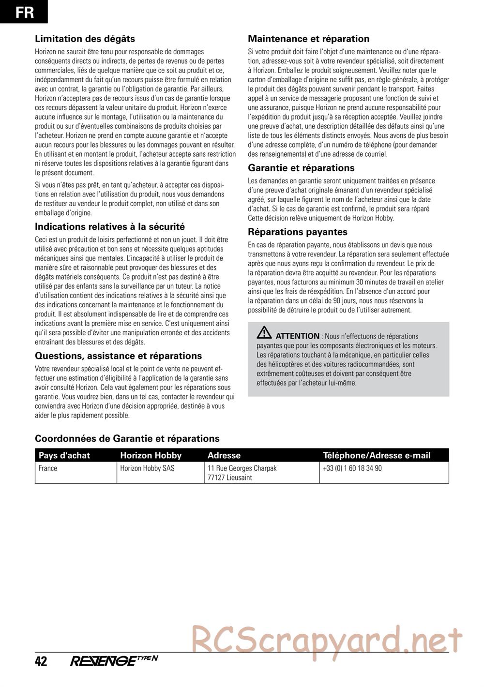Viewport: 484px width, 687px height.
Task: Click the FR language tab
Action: click(x=24, y=12)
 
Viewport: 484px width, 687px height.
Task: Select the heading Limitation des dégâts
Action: click(x=85, y=39)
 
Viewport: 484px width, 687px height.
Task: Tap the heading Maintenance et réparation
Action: click(x=308, y=39)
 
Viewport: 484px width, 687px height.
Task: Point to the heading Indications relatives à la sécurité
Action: click(x=109, y=226)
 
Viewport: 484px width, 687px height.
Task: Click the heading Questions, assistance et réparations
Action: click(x=118, y=356)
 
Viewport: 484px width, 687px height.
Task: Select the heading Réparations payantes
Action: click(x=297, y=232)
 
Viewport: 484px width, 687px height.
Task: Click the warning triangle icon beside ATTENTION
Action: click(x=264, y=333)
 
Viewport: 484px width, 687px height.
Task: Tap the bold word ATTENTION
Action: click(x=297, y=336)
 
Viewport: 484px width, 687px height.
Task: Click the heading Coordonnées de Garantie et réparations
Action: click(x=127, y=438)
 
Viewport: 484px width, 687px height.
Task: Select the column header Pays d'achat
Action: click(x=64, y=455)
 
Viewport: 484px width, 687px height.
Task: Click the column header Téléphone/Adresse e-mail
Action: click(x=376, y=455)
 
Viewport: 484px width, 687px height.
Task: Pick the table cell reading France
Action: click(x=48, y=468)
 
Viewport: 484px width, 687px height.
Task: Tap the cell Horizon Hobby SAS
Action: click(x=147, y=468)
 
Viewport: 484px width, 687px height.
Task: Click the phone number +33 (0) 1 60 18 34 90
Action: click(x=352, y=468)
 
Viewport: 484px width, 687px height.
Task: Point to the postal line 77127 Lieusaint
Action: click(x=229, y=478)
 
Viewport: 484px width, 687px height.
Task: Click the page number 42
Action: click(x=41, y=661)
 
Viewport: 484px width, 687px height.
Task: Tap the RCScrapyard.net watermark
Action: click(x=327, y=639)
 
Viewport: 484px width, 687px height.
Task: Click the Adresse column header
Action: click(x=224, y=455)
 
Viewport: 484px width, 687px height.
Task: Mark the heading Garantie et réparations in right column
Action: click(x=301, y=168)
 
